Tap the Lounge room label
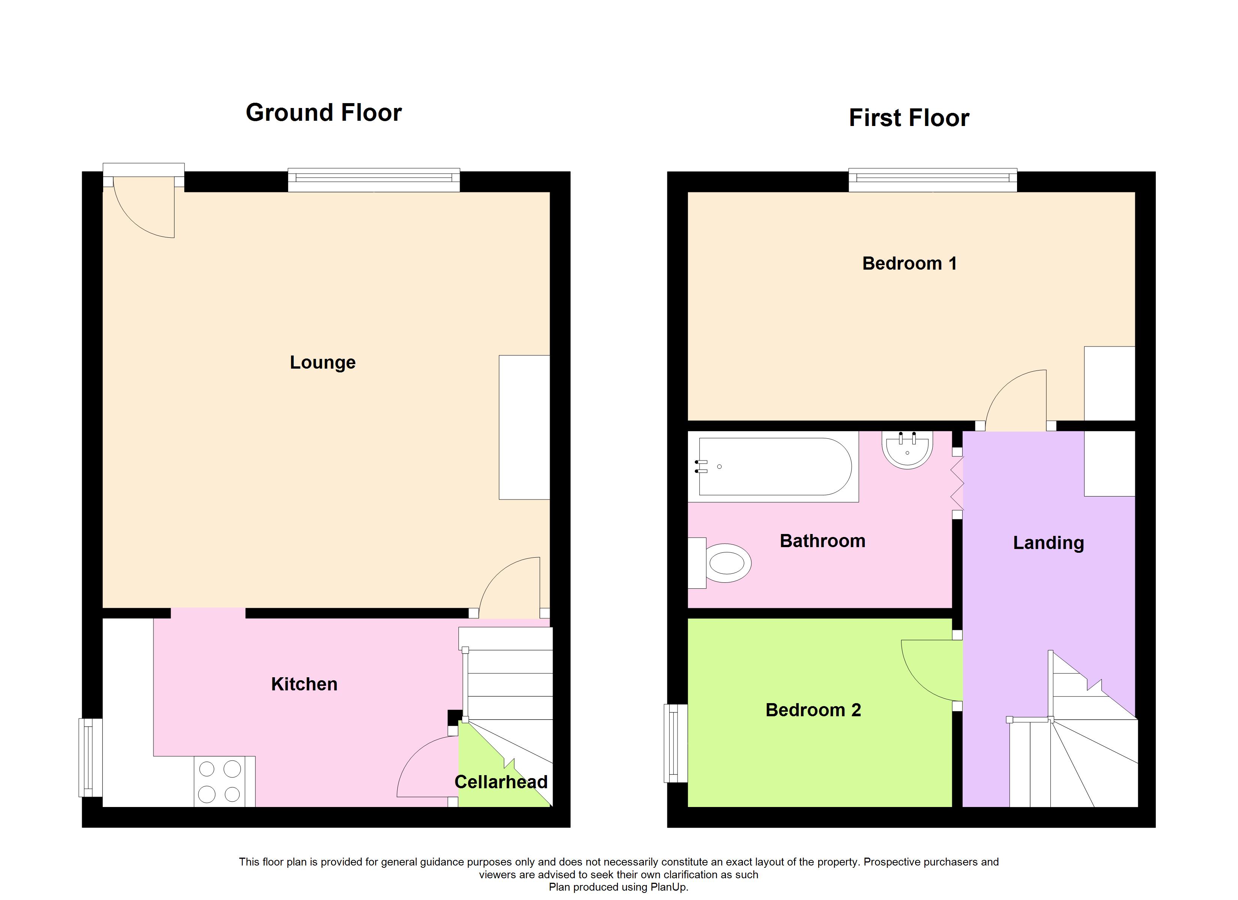[x=323, y=362]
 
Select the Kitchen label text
[x=304, y=684]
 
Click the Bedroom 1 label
[x=909, y=264]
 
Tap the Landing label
[x=1048, y=543]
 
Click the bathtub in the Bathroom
[x=773, y=466]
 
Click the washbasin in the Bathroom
[x=907, y=450]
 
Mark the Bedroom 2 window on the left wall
[x=675, y=743]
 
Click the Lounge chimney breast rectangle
[x=524, y=427]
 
